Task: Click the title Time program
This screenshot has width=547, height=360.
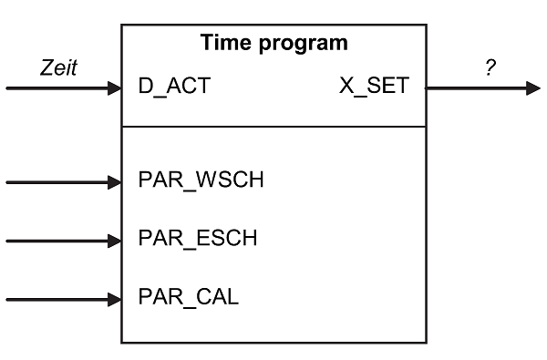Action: [x=273, y=43]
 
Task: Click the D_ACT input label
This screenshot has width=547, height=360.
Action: [x=174, y=88]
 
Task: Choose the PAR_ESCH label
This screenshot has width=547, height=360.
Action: [x=197, y=240]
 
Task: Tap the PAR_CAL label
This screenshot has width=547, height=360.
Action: [x=188, y=297]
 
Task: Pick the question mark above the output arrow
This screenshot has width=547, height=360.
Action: [x=490, y=68]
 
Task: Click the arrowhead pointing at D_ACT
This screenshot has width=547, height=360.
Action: [x=114, y=88]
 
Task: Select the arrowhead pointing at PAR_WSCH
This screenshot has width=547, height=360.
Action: [x=114, y=182]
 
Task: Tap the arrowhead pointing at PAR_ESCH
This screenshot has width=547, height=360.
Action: [x=114, y=241]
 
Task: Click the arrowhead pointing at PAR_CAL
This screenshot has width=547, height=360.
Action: [x=114, y=298]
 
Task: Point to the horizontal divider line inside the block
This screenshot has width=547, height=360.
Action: [x=273, y=127]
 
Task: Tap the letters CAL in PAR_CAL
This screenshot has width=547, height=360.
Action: [x=219, y=297]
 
